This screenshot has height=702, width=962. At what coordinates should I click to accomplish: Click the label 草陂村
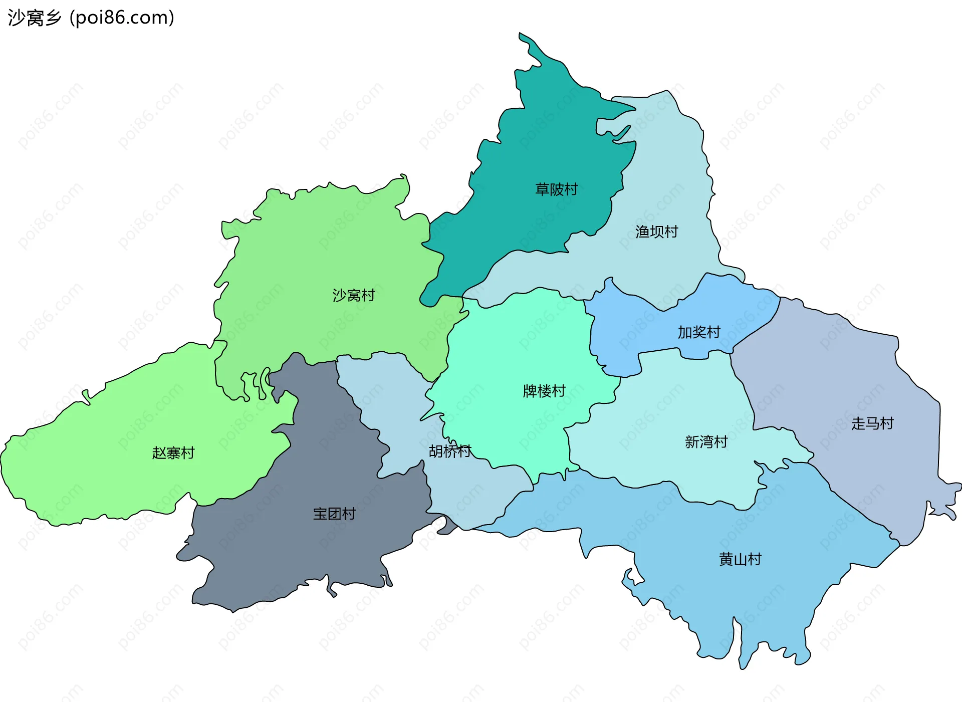(556, 189)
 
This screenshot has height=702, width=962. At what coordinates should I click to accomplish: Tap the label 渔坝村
(656, 231)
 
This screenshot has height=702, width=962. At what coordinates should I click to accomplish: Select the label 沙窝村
(354, 295)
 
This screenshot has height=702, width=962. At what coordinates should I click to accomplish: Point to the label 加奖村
(699, 332)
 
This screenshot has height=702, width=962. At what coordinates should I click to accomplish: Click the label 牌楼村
(544, 391)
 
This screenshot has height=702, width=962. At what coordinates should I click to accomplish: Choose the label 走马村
(872, 423)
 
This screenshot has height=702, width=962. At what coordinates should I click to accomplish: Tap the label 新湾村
(706, 442)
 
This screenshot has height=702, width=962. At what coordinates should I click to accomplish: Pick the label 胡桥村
(450, 451)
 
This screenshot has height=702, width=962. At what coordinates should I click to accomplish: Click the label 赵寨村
(173, 453)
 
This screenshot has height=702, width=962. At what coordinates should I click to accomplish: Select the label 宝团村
(334, 514)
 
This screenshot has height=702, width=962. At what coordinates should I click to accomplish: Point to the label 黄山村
(740, 559)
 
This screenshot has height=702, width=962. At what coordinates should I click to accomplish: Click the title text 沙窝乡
(34, 18)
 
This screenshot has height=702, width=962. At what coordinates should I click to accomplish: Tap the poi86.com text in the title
(122, 18)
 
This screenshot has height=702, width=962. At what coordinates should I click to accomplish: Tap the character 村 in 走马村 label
(887, 423)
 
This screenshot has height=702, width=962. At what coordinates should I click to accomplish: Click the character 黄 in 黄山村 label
(726, 559)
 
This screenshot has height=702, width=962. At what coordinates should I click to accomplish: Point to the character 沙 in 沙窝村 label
(339, 295)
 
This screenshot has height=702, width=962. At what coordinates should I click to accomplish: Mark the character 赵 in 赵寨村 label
(159, 453)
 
